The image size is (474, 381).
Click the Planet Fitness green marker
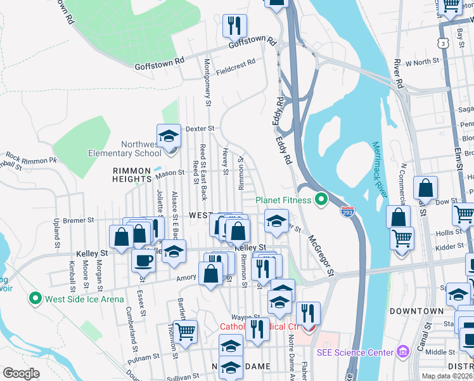pyautogui.click(x=321, y=200)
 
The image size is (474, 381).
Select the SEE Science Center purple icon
pyautogui.click(x=402, y=352)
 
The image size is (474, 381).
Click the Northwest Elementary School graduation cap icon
pyautogui.click(x=169, y=136)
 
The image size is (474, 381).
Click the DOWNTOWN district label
pyautogui.click(x=416, y=311)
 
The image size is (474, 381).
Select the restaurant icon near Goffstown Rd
pyautogui.click(x=234, y=25)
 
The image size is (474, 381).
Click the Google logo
pyautogui.click(x=20, y=373)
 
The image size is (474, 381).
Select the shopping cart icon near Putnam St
pyautogui.click(x=185, y=331)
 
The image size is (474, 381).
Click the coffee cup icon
pyautogui.click(x=143, y=260)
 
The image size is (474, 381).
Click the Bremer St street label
pyautogui.click(x=79, y=220)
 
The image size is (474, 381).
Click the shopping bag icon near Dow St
pyautogui.click(x=425, y=188)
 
